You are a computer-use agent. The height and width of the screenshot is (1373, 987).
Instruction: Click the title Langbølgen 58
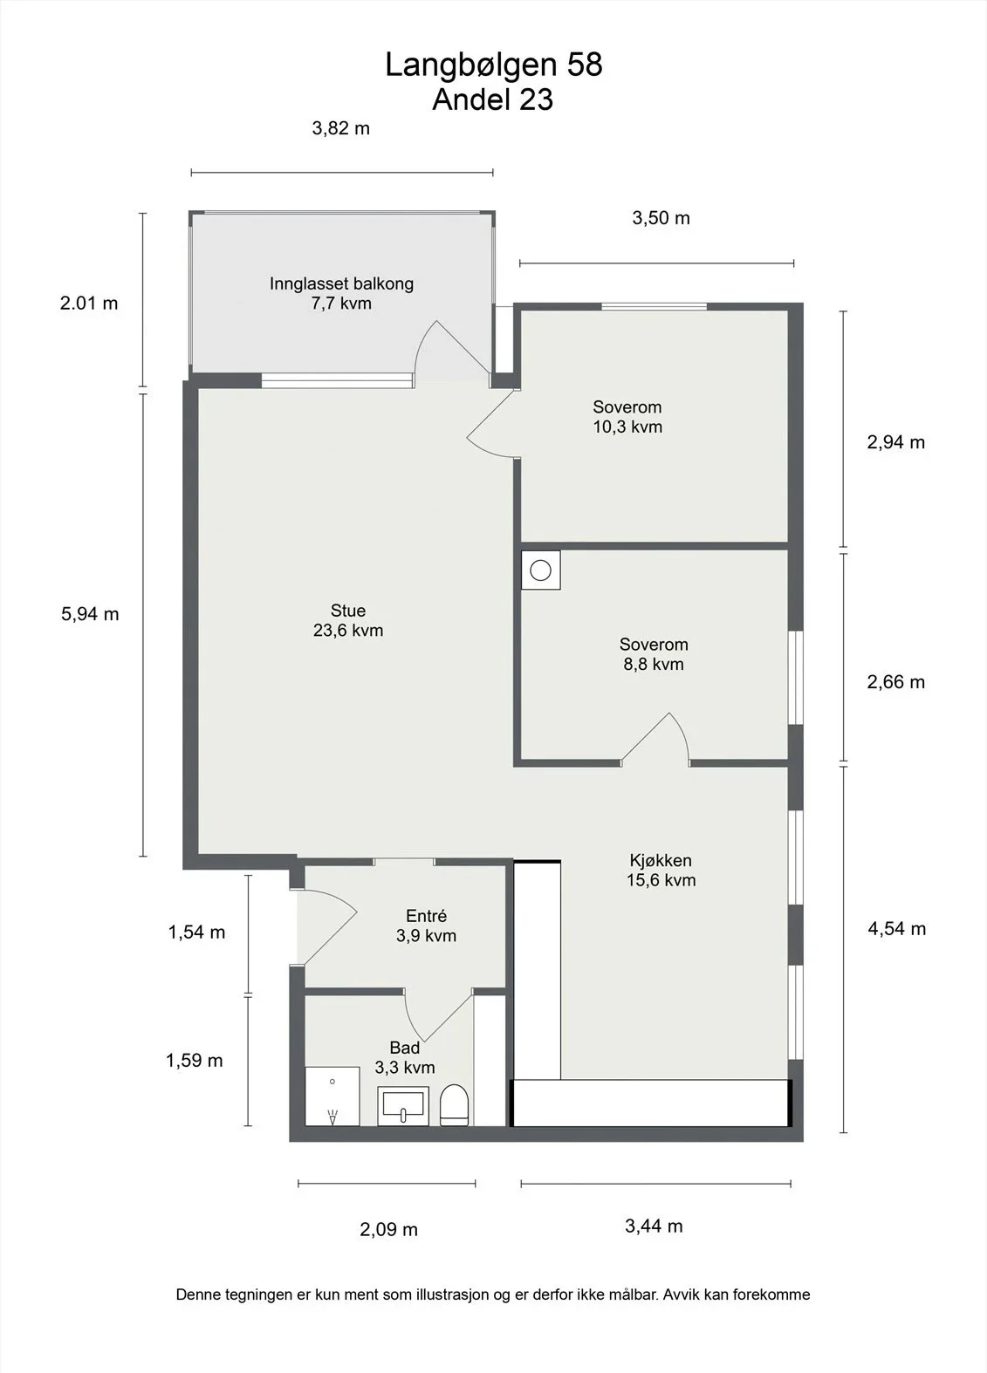[494, 65]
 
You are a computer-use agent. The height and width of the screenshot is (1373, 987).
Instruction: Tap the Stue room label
[347, 611]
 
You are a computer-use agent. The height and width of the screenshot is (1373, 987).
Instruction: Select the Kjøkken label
[661, 861]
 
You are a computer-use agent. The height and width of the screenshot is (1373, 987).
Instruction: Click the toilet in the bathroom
[455, 1104]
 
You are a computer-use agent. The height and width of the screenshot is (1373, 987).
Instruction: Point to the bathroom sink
[403, 1106]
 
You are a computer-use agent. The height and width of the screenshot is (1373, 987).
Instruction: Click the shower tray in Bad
[332, 1096]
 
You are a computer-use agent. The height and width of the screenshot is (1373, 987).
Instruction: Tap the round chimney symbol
[540, 570]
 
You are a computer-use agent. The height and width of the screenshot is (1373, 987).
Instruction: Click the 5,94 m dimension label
[90, 613]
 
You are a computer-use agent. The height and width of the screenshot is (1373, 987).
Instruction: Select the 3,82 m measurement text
[341, 128]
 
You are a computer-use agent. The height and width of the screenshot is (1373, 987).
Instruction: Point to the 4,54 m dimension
[896, 929]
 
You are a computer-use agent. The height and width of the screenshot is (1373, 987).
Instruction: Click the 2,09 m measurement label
[388, 1229]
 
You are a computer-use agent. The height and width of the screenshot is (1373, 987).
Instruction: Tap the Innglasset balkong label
[341, 283]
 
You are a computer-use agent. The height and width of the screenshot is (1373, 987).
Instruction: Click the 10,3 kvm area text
[627, 427]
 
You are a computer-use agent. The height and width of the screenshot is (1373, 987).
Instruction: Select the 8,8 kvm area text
[654, 664]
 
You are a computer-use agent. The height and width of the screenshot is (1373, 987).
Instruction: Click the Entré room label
[426, 916]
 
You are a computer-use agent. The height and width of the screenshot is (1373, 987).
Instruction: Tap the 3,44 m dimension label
[654, 1226]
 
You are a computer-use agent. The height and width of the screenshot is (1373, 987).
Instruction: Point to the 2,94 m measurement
[895, 442]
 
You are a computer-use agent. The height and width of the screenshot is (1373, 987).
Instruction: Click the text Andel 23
[493, 100]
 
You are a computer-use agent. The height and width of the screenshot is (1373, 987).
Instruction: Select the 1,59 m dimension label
[195, 1060]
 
